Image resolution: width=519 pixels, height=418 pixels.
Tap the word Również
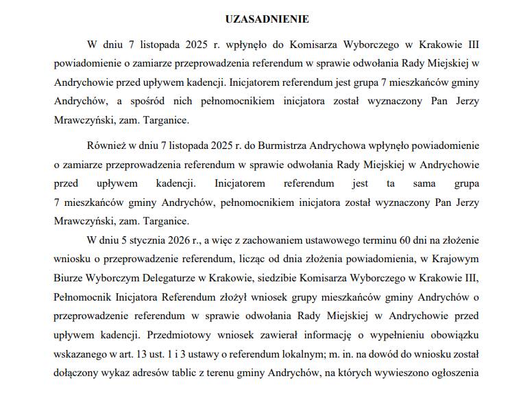pyautogui.click(x=108, y=146)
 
